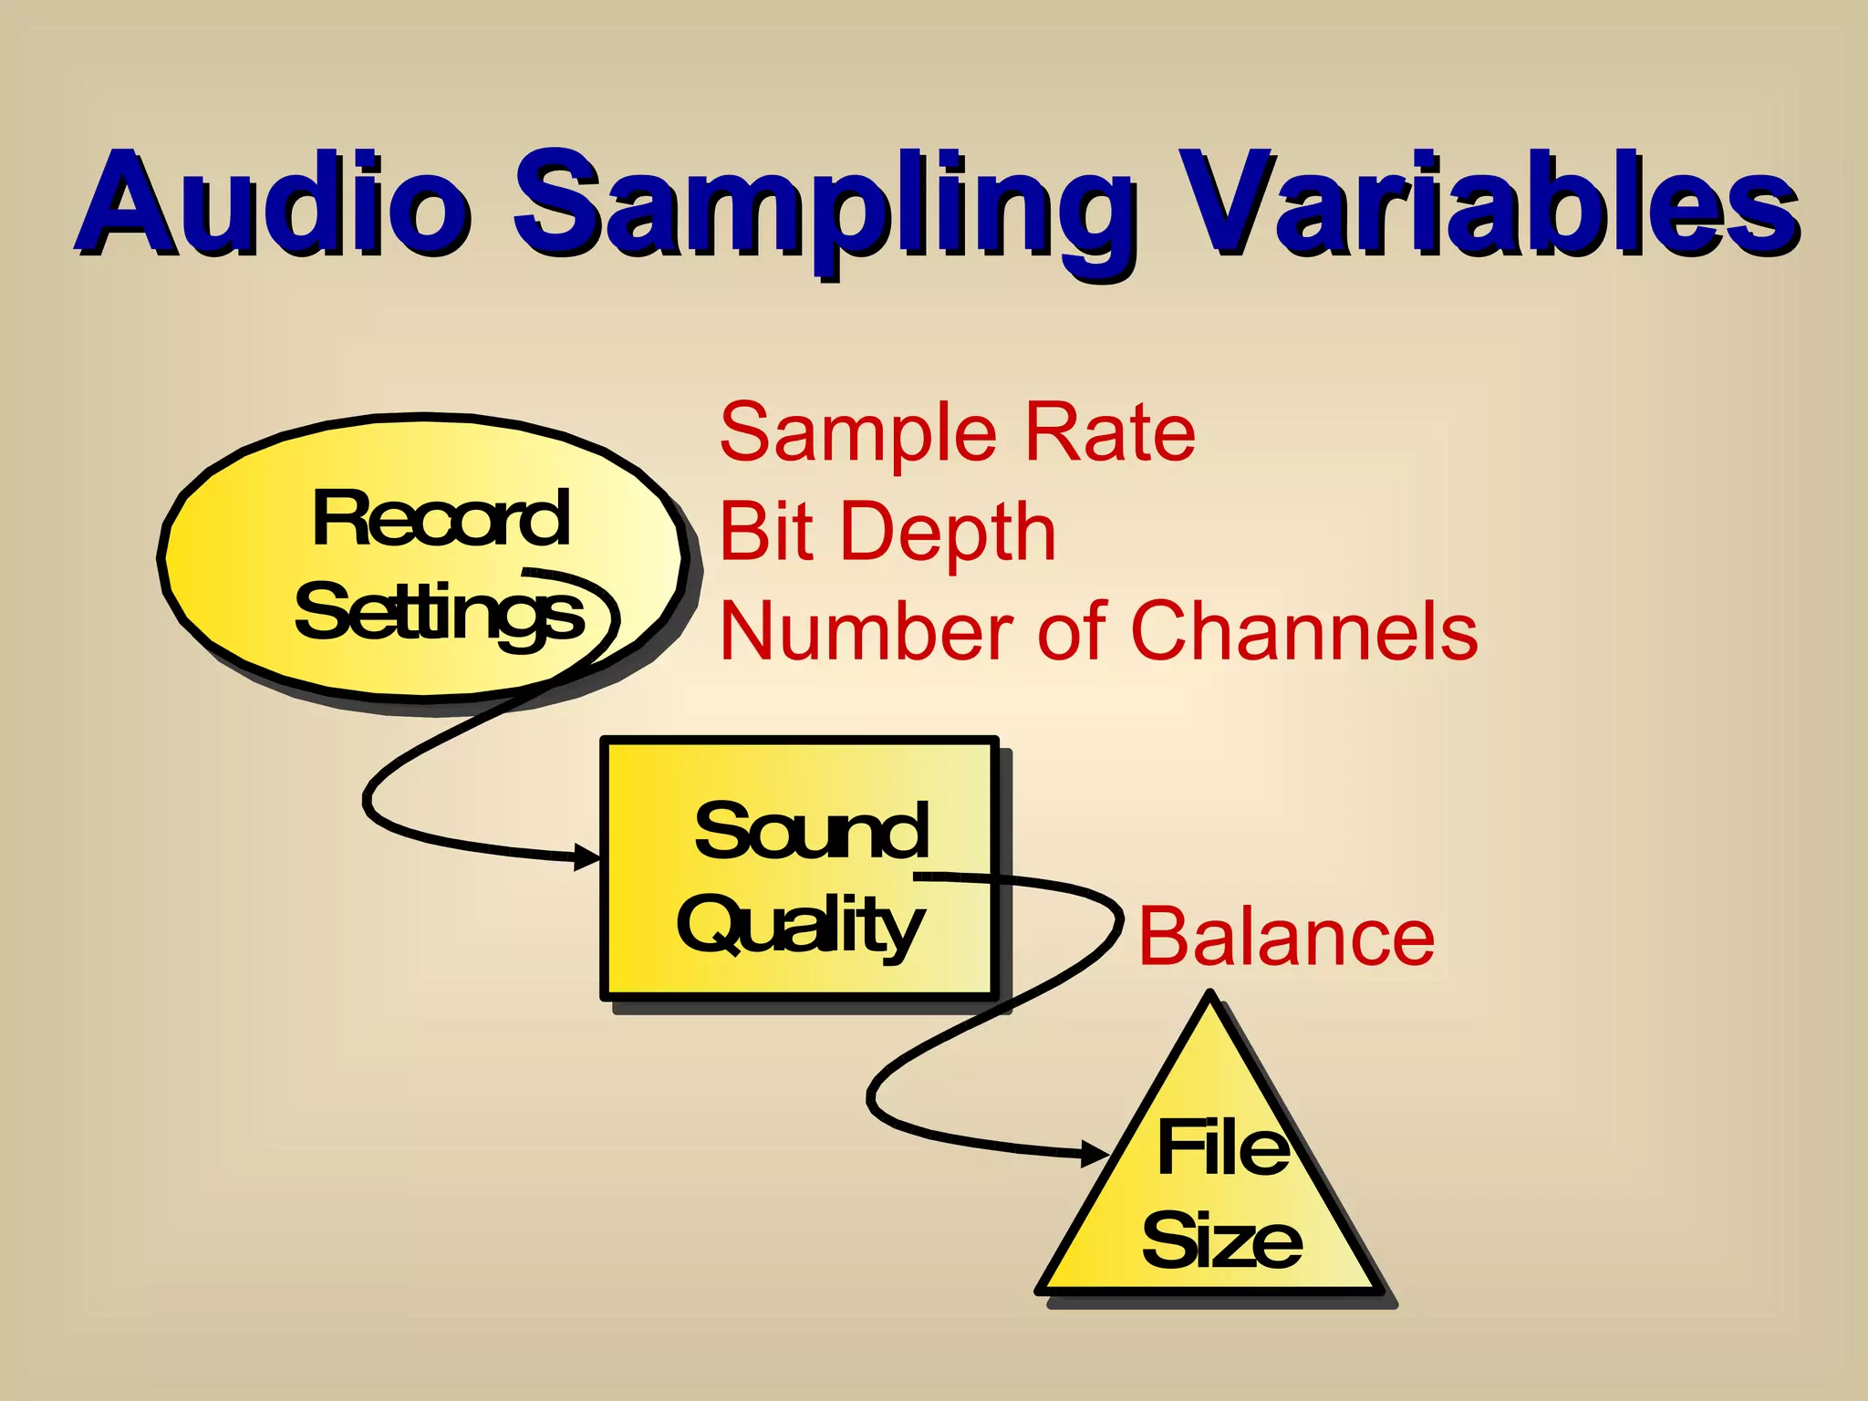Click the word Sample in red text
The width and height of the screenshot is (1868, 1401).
coord(857,433)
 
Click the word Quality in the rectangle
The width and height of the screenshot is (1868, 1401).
coord(801,926)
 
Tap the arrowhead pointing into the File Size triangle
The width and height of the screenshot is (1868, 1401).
coord(1095,1153)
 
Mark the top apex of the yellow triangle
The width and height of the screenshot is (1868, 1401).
coord(1209,996)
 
